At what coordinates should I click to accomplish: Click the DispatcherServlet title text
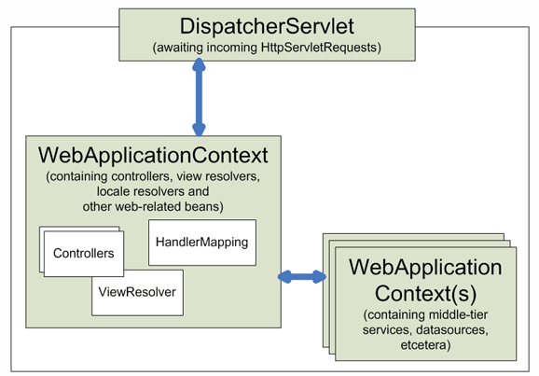[267, 26]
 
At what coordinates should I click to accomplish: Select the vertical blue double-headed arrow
[199, 98]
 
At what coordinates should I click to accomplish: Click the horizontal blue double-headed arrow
[302, 276]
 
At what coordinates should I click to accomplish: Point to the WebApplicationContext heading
[153, 155]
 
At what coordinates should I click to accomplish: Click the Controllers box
[84, 254]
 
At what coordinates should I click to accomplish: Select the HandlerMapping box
[202, 243]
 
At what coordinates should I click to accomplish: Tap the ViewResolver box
[137, 292]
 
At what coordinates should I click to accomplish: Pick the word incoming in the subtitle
[231, 48]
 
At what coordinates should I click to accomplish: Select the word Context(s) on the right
[425, 294]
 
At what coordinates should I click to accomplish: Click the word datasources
[452, 329]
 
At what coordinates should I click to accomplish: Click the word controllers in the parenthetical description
[141, 176]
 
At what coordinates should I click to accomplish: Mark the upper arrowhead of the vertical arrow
[199, 64]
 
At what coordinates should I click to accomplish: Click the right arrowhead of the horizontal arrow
[320, 276]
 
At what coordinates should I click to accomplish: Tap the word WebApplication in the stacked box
[425, 267]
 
